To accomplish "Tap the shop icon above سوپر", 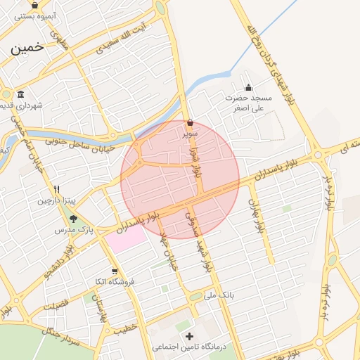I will (191, 122).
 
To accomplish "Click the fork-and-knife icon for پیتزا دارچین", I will (57, 189).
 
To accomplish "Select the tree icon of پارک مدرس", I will (73, 219).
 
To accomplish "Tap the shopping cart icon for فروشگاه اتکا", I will (115, 271).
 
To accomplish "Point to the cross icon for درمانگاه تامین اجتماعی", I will (188, 337).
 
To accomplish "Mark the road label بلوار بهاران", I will (257, 216).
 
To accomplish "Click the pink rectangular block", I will (126, 238).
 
